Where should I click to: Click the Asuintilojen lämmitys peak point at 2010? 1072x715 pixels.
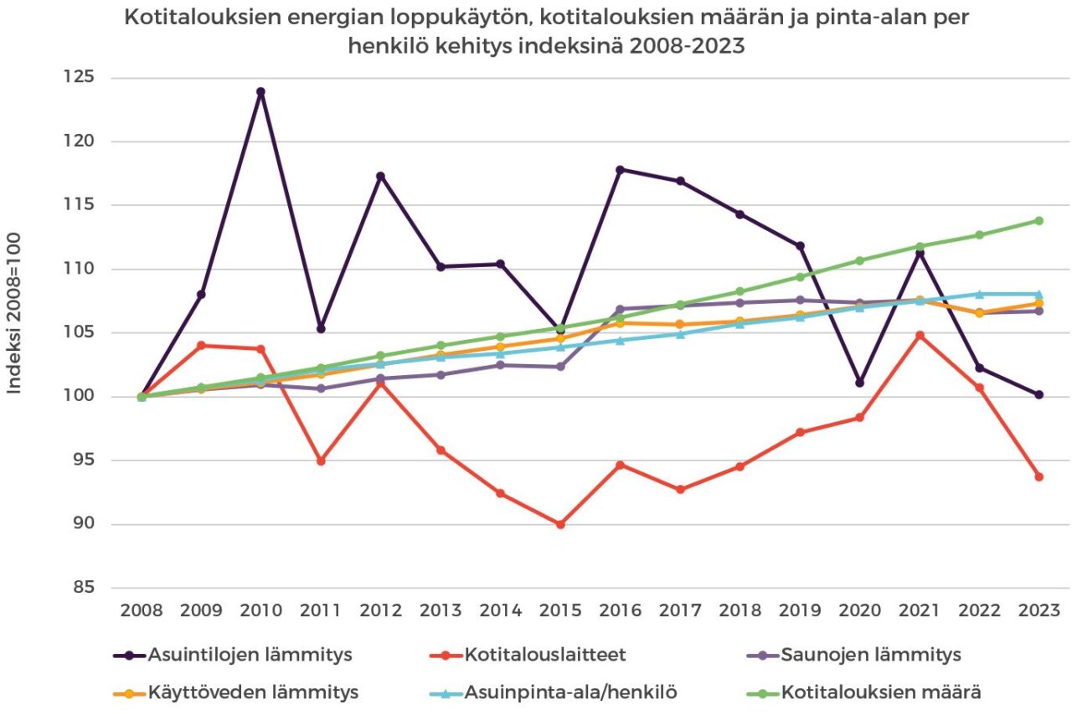tap(260, 92)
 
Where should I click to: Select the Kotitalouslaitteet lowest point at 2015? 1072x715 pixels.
tap(560, 524)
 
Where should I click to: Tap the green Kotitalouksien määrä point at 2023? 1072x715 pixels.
tap(1038, 221)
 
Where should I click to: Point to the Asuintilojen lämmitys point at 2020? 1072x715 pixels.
tap(859, 383)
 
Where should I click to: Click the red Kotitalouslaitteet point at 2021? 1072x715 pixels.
tap(920, 336)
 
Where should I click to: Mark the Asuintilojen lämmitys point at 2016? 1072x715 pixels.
tap(620, 170)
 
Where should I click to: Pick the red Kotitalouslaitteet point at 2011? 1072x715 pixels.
tap(321, 461)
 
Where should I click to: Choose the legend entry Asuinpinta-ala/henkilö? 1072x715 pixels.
tap(570, 692)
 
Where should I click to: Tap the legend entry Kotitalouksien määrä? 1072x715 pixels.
tap(880, 692)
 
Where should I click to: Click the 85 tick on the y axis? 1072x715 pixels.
tap(82, 588)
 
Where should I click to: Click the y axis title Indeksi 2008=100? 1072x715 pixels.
tap(15, 313)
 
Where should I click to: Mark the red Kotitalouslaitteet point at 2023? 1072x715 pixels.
tap(1038, 476)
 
